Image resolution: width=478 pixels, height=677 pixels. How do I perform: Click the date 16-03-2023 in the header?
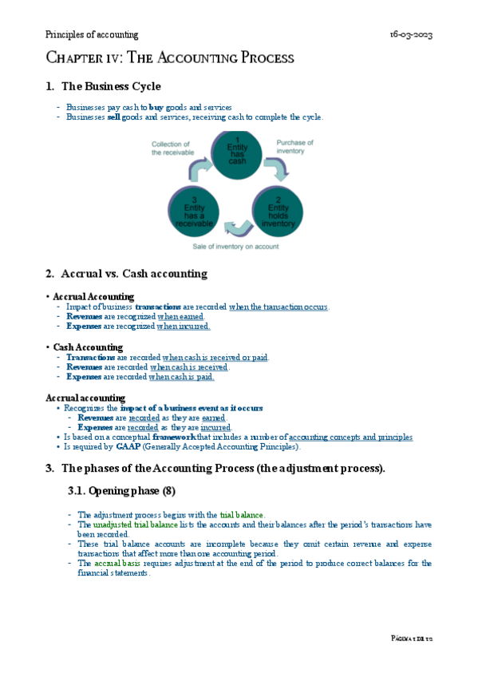[411, 35]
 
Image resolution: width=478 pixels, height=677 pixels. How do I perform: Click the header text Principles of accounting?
[92, 35]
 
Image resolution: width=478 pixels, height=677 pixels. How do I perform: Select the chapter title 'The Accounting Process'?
[169, 58]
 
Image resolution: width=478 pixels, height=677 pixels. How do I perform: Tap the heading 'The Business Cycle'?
[111, 86]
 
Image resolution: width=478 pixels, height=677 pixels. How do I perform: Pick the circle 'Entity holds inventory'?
[279, 209]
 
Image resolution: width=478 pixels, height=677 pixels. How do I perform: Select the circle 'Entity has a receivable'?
[193, 209]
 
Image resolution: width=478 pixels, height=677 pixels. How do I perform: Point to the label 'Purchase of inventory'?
[294, 148]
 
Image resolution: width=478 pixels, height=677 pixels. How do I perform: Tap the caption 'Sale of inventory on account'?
[237, 247]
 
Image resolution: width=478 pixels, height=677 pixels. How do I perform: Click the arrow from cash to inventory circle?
[275, 168]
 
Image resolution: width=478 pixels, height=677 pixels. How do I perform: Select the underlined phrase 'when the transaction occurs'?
[279, 307]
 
